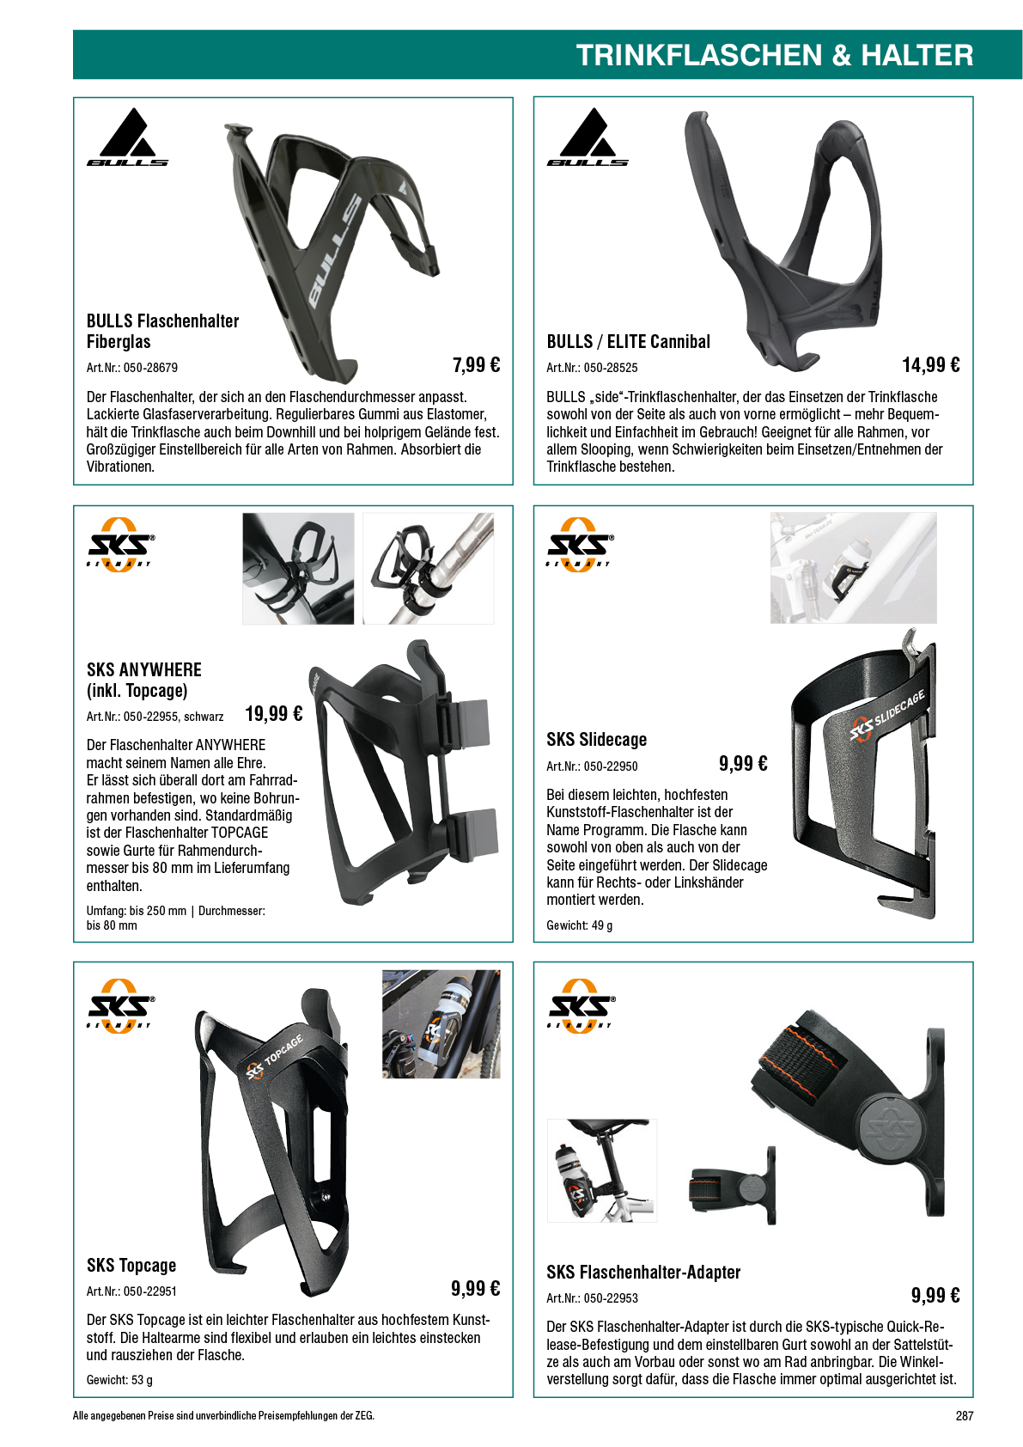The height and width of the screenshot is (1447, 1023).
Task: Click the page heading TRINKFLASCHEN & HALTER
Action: click(x=774, y=55)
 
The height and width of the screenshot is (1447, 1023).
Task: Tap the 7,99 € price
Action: click(x=476, y=365)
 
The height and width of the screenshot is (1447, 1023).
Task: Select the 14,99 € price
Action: click(x=930, y=365)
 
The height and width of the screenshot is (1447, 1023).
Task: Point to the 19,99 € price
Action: click(x=273, y=714)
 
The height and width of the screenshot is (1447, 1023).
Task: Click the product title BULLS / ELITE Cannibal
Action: click(x=628, y=342)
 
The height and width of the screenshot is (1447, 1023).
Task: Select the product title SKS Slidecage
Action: click(x=597, y=740)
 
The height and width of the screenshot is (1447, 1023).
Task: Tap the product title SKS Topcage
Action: click(x=131, y=1266)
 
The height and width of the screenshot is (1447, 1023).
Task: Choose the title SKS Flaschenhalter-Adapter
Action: click(x=643, y=1273)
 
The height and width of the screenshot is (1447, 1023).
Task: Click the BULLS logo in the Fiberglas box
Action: click(x=128, y=137)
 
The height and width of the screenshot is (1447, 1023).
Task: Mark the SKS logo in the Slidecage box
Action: click(x=578, y=544)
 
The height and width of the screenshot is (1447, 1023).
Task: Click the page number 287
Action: click(x=964, y=1416)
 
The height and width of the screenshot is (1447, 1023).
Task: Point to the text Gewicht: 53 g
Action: click(x=119, y=1380)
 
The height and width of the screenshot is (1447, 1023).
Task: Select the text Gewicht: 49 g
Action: click(x=580, y=925)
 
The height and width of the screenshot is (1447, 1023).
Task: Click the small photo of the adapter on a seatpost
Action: click(x=601, y=1169)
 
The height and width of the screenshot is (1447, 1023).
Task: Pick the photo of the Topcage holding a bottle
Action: click(x=441, y=1024)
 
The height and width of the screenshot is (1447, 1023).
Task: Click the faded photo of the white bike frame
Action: click(x=853, y=568)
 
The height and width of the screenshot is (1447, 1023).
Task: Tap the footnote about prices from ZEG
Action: click(x=223, y=1416)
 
